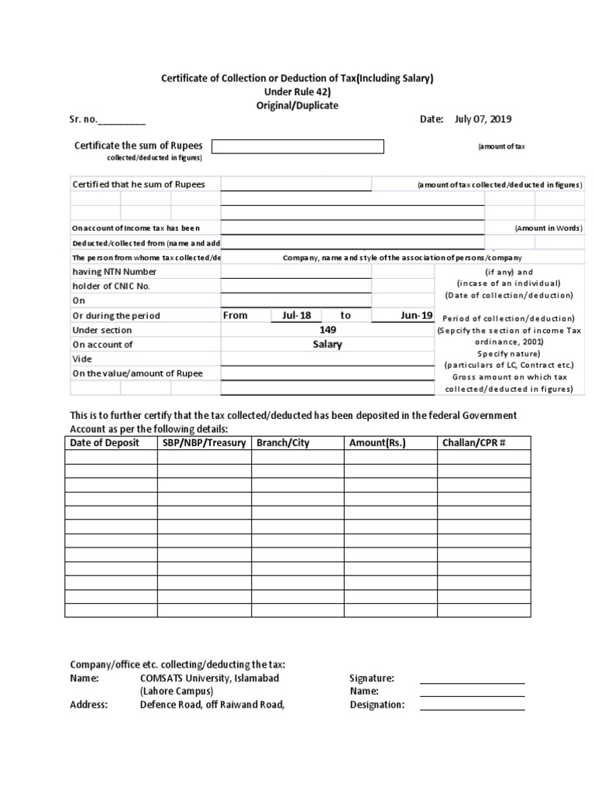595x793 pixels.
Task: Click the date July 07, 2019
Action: [483, 119]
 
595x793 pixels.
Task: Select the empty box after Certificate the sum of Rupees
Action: [297, 146]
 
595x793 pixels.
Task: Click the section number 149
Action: [327, 330]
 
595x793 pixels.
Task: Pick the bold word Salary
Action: [327, 345]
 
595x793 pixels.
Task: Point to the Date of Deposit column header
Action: [105, 442]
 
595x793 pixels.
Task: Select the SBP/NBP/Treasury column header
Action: [205, 442]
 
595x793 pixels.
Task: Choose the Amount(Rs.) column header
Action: [377, 442]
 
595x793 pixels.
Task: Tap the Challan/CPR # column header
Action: [474, 442]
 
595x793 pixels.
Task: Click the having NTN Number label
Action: [114, 272]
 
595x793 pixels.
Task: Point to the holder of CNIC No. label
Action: [111, 287]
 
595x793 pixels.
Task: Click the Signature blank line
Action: [472, 681]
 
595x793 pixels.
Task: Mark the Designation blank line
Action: [472, 708]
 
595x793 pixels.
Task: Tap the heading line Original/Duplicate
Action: [297, 105]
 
